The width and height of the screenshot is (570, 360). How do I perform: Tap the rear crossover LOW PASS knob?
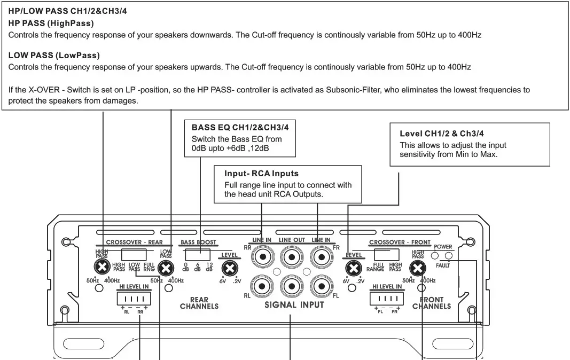click(166, 268)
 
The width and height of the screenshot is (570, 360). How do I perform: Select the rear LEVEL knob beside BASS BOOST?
click(230, 268)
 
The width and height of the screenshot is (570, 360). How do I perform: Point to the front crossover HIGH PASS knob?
click(418, 268)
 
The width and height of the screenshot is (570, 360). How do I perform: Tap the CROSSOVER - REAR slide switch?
click(134, 254)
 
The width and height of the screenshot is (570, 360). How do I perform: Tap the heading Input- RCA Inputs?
click(261, 174)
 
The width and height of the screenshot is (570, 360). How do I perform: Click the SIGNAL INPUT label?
click(294, 305)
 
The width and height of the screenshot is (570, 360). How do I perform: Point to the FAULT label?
click(443, 265)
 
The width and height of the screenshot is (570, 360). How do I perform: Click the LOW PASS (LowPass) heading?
click(54, 55)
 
